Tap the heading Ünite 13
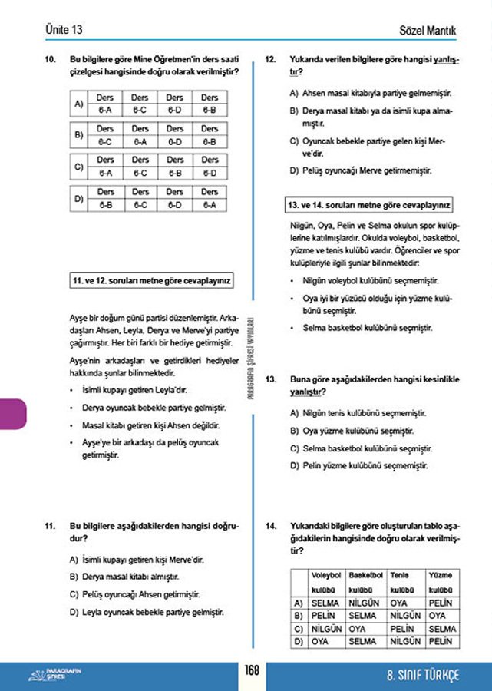[64, 30]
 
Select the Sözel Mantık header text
[428, 31]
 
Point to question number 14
[270, 526]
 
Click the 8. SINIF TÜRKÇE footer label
[423, 676]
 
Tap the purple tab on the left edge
[13, 415]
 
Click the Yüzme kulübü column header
[441, 582]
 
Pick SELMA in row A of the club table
[325, 603]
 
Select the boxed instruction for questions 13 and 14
[368, 205]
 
